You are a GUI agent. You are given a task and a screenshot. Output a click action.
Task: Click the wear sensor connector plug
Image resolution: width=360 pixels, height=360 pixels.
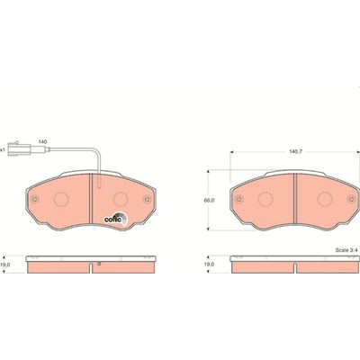20,148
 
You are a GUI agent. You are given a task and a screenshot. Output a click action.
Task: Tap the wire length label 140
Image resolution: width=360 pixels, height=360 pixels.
42,141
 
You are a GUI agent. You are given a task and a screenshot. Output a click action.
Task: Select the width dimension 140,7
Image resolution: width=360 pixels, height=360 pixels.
295,152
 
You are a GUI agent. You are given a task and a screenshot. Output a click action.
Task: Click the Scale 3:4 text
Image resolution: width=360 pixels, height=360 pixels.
346,250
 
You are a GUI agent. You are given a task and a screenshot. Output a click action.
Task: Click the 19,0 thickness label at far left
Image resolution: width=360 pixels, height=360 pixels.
6,265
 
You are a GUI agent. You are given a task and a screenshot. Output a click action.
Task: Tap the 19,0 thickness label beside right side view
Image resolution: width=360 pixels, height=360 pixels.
210,265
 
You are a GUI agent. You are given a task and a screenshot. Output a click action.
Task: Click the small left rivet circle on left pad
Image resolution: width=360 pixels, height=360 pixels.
35,199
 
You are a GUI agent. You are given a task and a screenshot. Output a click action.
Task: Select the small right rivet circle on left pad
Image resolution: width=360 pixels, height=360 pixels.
147,199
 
